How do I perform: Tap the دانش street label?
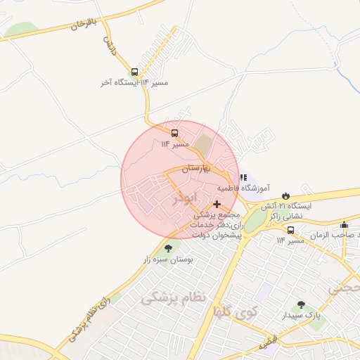click(110, 46)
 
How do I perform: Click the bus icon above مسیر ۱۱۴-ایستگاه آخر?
click(134, 72)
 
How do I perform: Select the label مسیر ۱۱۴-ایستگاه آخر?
click(135, 83)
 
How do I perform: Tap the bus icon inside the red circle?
click(174, 132)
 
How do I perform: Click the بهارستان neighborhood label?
click(202, 169)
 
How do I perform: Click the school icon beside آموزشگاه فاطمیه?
click(243, 178)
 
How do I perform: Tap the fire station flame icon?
click(285, 195)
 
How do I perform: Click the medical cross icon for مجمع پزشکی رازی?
click(217, 203)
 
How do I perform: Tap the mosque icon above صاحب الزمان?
click(344, 225)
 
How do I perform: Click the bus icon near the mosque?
click(291, 230)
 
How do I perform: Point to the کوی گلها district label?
click(235, 311)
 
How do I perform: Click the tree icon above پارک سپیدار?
click(301, 304)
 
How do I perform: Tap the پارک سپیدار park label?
click(302, 316)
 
